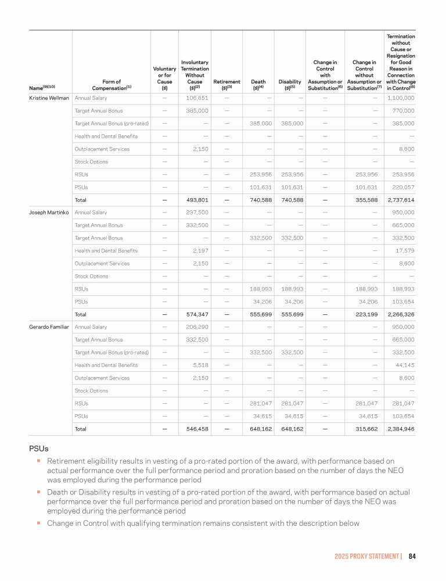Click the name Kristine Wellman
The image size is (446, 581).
tap(49, 98)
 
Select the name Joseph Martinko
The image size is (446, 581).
tap(49, 213)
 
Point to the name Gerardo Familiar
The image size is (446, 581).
tap(49, 327)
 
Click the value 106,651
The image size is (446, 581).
tap(197, 98)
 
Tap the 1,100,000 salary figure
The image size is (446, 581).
tap(400, 98)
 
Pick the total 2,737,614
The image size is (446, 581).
tap(400, 200)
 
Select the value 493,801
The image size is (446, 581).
tap(197, 200)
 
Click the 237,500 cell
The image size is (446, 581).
tap(197, 213)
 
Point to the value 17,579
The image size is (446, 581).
tap(404, 250)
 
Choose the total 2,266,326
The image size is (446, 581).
tap(400, 314)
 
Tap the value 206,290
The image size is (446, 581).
tap(197, 327)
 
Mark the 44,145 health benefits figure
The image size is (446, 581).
tap(404, 365)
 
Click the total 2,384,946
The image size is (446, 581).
tap(400, 429)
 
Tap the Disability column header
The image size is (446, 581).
tap(290, 85)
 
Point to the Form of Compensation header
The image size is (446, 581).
tap(111, 85)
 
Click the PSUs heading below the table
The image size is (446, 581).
tap(38, 449)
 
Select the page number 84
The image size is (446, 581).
tap(412, 556)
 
